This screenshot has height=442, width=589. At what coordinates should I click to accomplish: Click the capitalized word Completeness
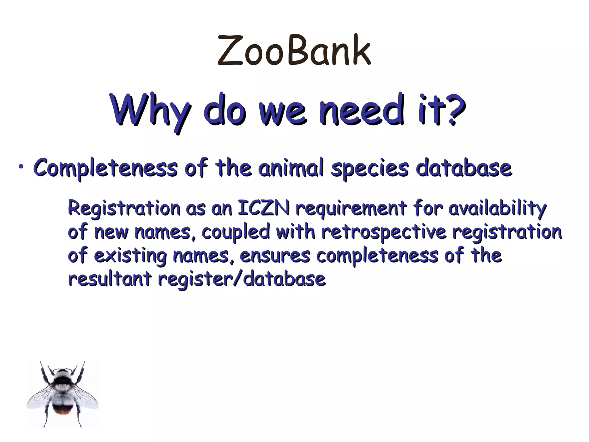click(x=105, y=168)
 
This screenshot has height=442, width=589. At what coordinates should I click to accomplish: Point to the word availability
click(x=497, y=209)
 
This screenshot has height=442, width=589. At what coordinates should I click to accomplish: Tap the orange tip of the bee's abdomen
click(x=63, y=412)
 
